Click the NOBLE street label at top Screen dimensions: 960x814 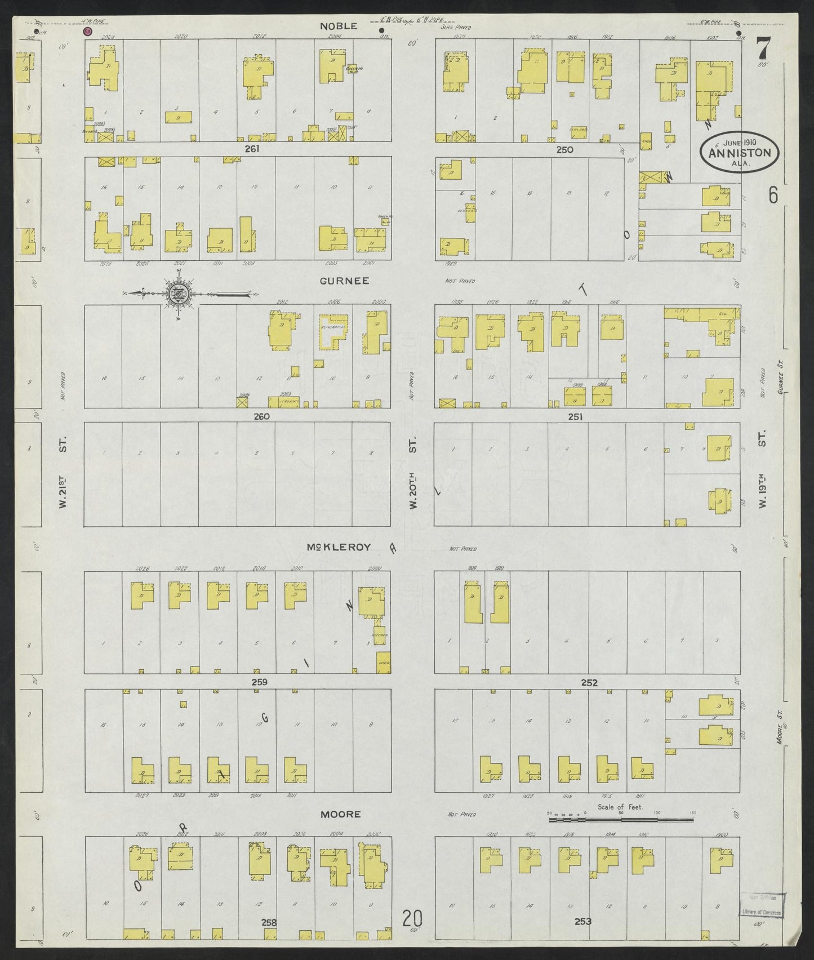(339, 26)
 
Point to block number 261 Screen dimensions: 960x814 (252, 149)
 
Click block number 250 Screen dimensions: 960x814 (564, 149)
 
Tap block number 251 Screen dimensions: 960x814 (575, 416)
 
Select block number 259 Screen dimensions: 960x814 (259, 682)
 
